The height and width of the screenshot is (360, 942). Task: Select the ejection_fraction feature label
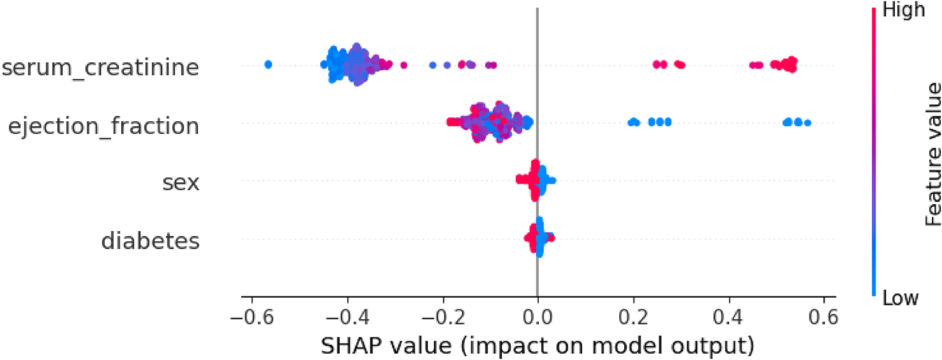click(104, 126)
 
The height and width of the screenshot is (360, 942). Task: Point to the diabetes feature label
click(151, 240)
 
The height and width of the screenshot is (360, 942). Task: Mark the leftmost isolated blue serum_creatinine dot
click(268, 64)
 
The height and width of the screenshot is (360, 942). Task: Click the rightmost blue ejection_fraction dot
click(807, 123)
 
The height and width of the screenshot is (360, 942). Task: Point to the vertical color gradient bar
click(875, 151)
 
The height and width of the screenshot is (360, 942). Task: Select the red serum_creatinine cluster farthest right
click(785, 64)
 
